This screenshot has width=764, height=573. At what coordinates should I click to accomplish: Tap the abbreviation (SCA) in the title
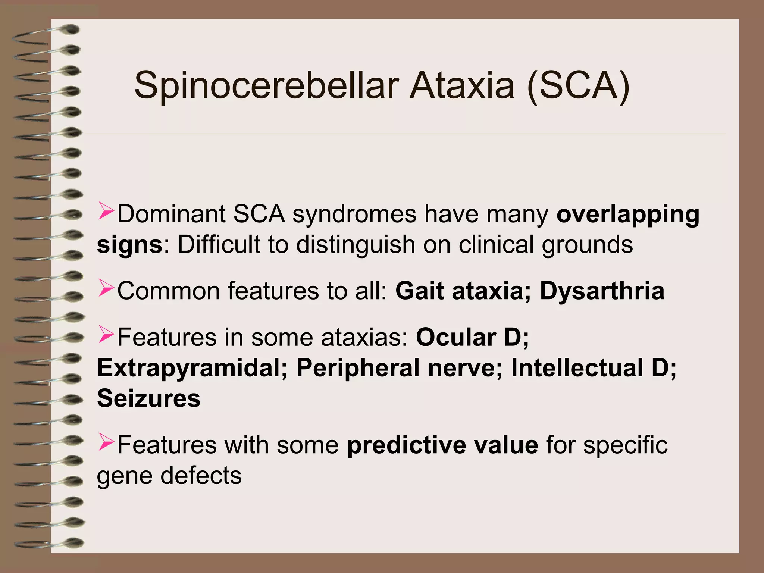click(x=578, y=87)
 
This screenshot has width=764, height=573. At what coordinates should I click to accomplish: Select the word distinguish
click(x=355, y=245)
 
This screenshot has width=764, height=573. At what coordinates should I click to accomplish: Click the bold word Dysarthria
click(x=602, y=291)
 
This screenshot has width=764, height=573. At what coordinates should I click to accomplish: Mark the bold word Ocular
click(x=456, y=337)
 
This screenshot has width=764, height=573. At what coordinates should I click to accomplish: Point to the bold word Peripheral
click(x=358, y=368)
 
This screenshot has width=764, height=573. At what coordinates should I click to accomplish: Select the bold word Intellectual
click(x=577, y=368)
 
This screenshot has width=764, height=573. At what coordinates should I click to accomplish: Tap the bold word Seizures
click(x=148, y=398)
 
